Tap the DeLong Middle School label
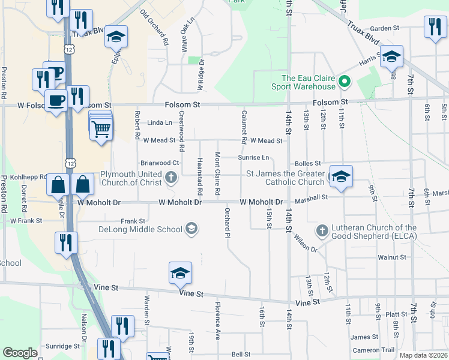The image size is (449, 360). coord(140,229)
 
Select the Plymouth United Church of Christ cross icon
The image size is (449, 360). coord(172,177)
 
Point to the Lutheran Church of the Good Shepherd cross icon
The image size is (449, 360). coord(322,231)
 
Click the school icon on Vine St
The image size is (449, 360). coord(180,274)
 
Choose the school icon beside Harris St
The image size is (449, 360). coord(391,58)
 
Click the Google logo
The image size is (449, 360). coord(20,353)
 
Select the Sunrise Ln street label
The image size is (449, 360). coord(253,158)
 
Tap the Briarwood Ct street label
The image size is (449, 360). coord(160,163)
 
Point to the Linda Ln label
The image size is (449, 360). coord(160,123)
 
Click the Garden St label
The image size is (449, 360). coord(384,28)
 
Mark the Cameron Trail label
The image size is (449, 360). coord(374,350)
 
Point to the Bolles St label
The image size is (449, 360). coord(308,163)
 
